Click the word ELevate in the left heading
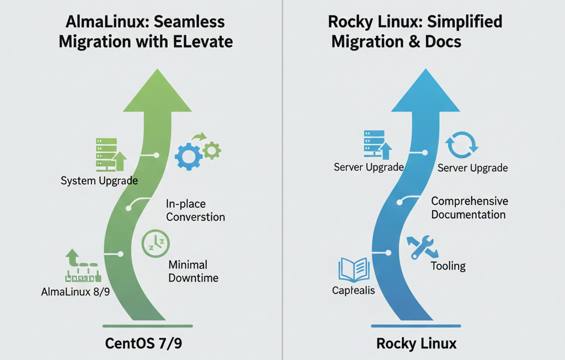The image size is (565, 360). (x=205, y=42)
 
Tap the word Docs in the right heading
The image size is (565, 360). (x=441, y=42)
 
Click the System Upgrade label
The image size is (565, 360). (x=99, y=181)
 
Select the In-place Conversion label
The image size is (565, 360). (x=195, y=210)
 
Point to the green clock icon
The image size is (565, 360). (x=156, y=243)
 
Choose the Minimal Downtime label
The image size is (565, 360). (x=194, y=271)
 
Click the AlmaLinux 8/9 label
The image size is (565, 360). (x=76, y=291)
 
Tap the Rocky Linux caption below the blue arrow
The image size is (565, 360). (x=417, y=343)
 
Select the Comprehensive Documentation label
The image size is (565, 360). (x=470, y=208)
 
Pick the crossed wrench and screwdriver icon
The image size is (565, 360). (x=422, y=247)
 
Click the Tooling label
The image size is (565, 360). (x=448, y=266)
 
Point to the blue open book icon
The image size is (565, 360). (x=353, y=270)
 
